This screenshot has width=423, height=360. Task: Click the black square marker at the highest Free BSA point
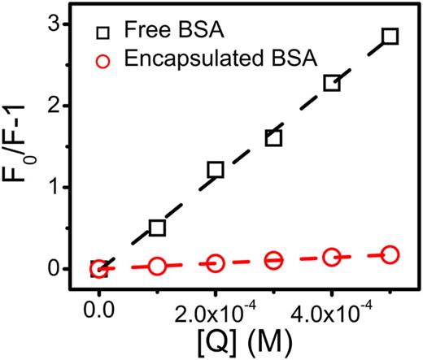coord(390,37)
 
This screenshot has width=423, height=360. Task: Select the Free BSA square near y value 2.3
coord(332,83)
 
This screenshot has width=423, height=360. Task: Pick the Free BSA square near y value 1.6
coord(273,138)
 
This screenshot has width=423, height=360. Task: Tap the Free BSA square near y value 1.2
coord(216,170)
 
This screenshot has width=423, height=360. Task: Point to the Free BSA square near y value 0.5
coord(157,228)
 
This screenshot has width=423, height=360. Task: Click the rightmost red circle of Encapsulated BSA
coord(390,254)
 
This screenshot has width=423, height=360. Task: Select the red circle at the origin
coord(98,268)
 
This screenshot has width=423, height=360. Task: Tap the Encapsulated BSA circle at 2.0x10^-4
coord(216,263)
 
